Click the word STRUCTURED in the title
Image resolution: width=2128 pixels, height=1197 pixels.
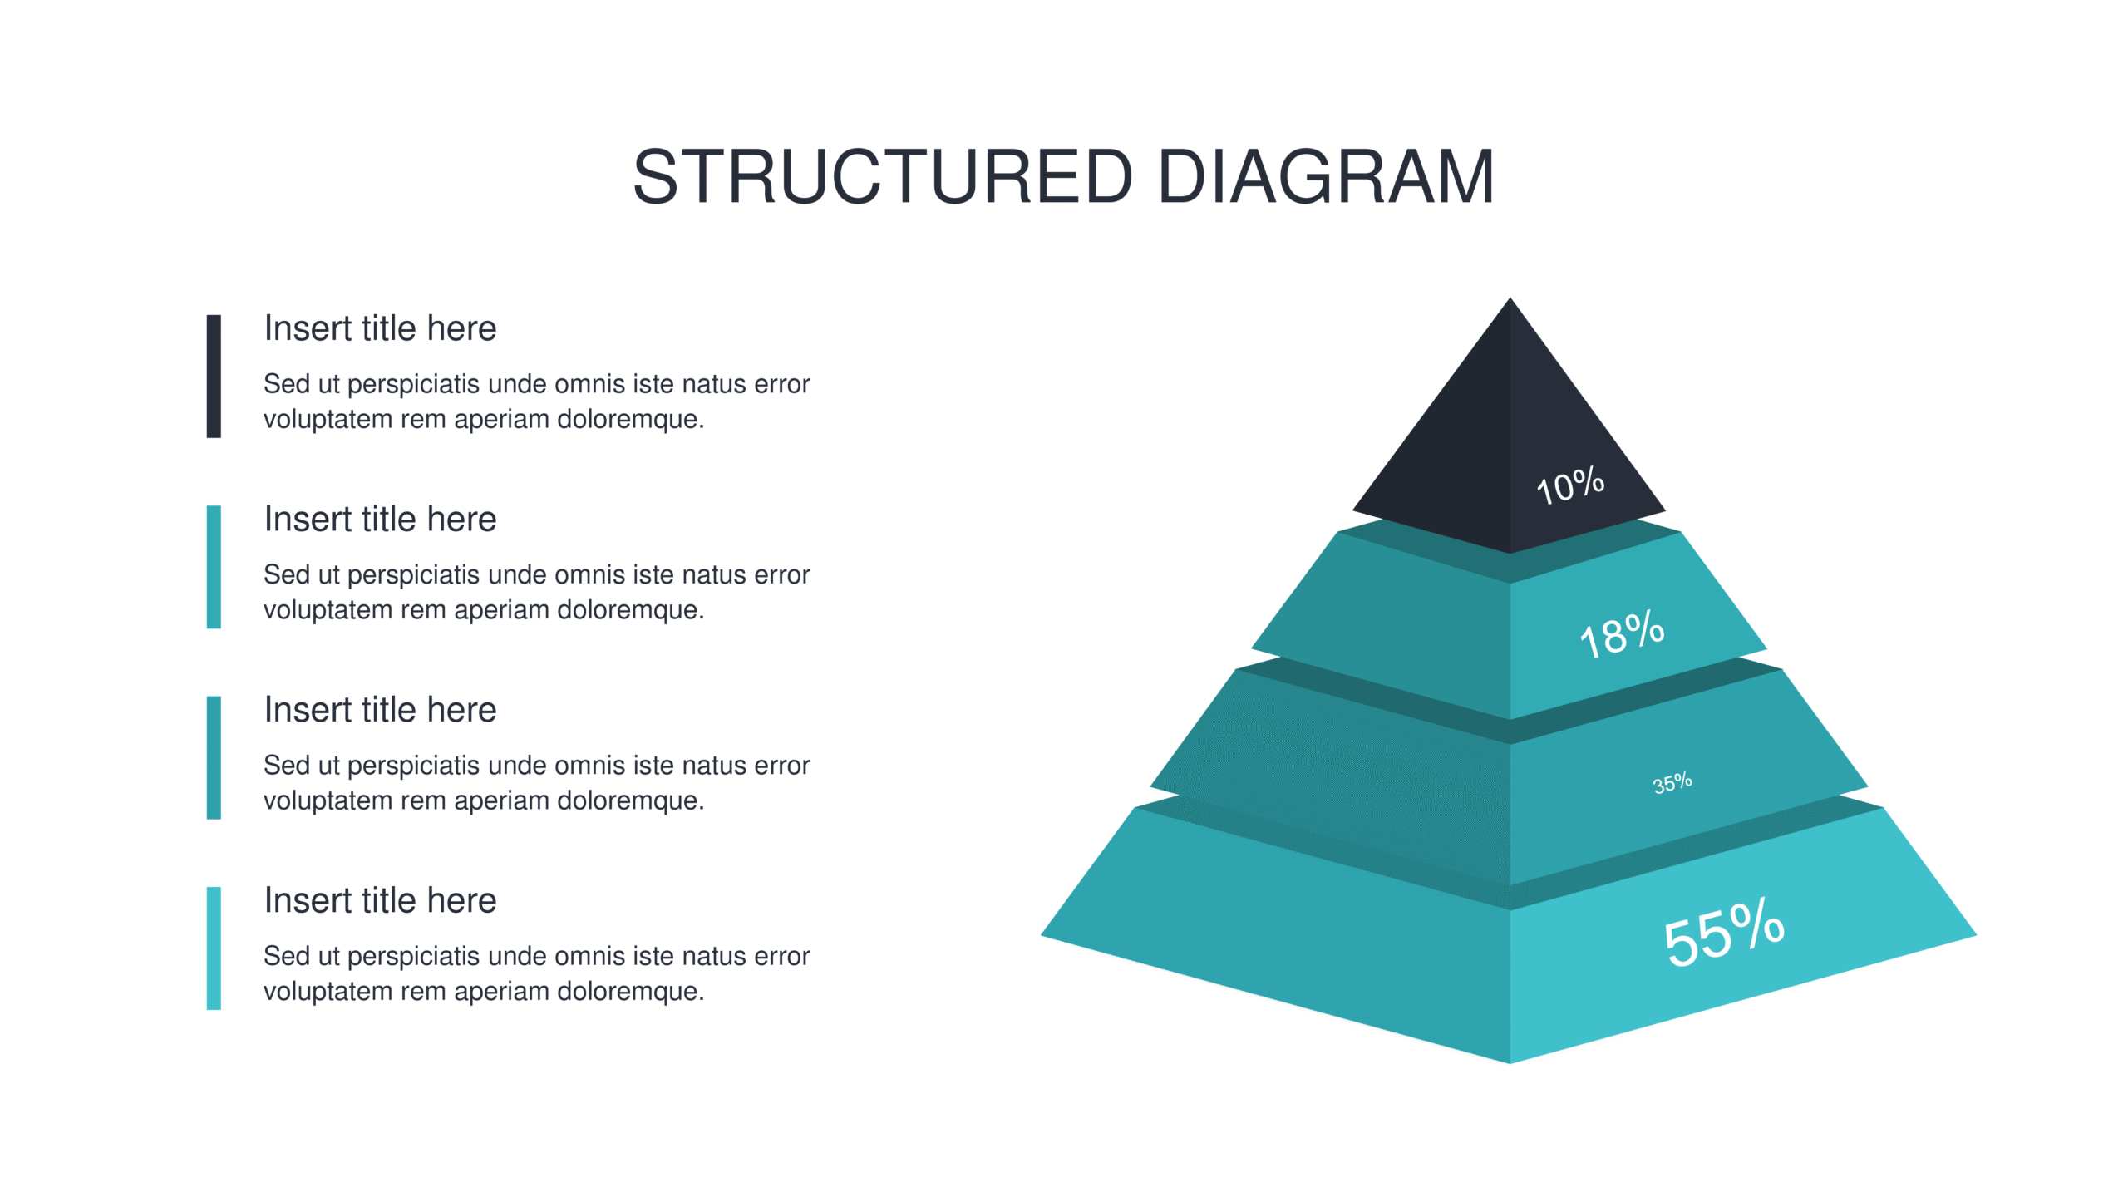click(x=883, y=176)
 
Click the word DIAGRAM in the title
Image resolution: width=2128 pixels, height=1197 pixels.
click(x=1327, y=176)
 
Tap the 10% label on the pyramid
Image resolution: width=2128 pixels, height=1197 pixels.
click(x=1569, y=485)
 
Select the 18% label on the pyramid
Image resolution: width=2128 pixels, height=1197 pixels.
click(x=1622, y=634)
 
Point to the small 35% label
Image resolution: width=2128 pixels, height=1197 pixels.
click(x=1672, y=783)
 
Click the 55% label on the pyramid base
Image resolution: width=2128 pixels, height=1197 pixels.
click(x=1724, y=932)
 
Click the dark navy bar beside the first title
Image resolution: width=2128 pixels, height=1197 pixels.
click(x=214, y=376)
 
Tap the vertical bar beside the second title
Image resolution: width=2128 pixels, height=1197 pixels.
click(x=214, y=567)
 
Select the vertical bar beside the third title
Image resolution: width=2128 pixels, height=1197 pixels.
click(x=214, y=757)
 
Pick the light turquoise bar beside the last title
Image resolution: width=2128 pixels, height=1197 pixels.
click(x=214, y=948)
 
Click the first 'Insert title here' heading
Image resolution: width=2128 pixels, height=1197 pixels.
click(x=380, y=328)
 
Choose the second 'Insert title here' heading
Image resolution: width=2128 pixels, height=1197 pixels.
click(x=380, y=519)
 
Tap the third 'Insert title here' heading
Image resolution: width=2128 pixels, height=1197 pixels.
click(x=380, y=710)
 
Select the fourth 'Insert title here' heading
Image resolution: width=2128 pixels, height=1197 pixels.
click(x=380, y=900)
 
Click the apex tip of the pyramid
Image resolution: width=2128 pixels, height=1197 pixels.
click(x=1510, y=298)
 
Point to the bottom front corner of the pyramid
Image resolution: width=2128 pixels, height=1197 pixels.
click(x=1510, y=1062)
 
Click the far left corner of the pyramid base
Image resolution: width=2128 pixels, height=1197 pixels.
click(x=1042, y=936)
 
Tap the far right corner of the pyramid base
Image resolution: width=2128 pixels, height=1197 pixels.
click(x=1975, y=935)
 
